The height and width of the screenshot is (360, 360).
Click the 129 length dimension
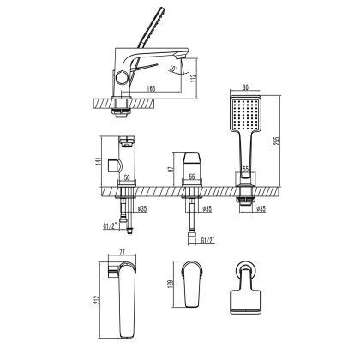point(171,283)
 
